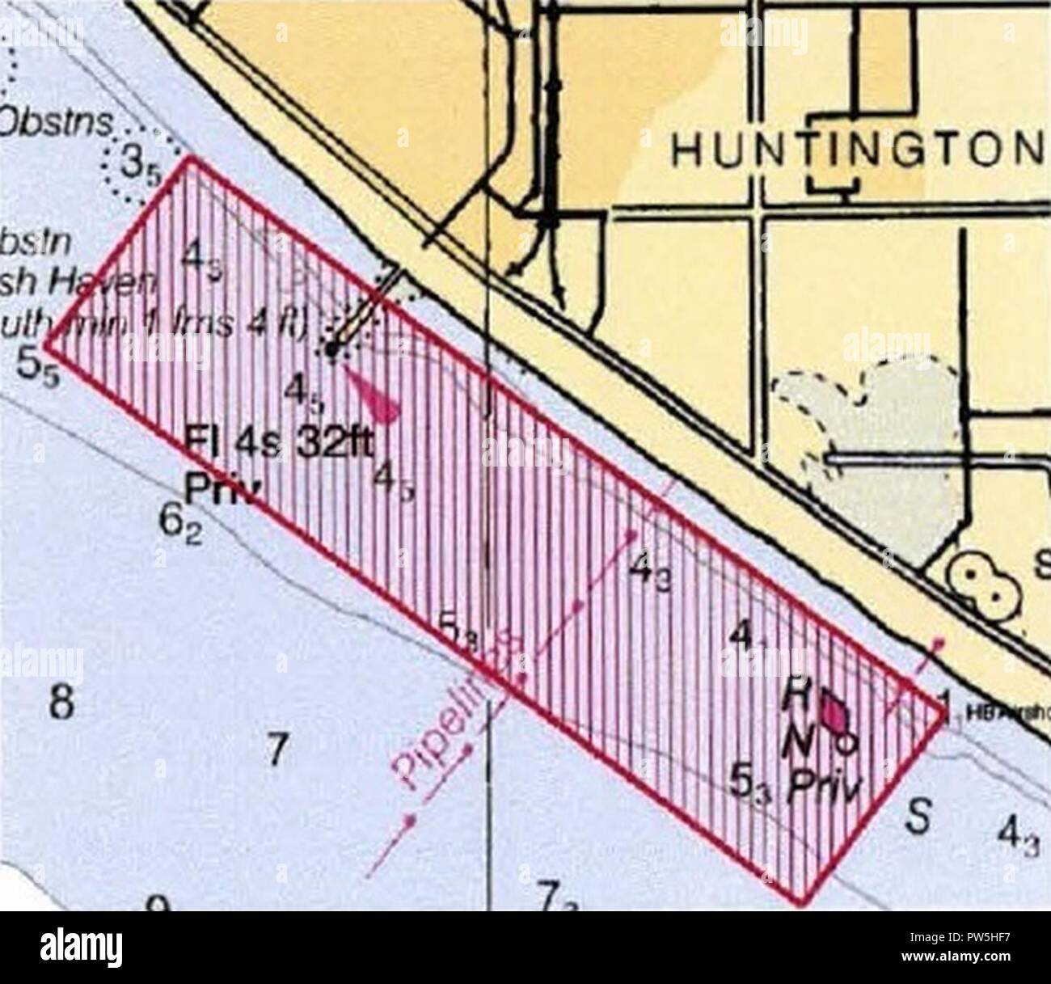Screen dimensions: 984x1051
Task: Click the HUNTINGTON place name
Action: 857,147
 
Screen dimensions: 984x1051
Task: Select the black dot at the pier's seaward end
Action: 331,348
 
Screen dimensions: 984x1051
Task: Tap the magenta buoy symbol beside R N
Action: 834,713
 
